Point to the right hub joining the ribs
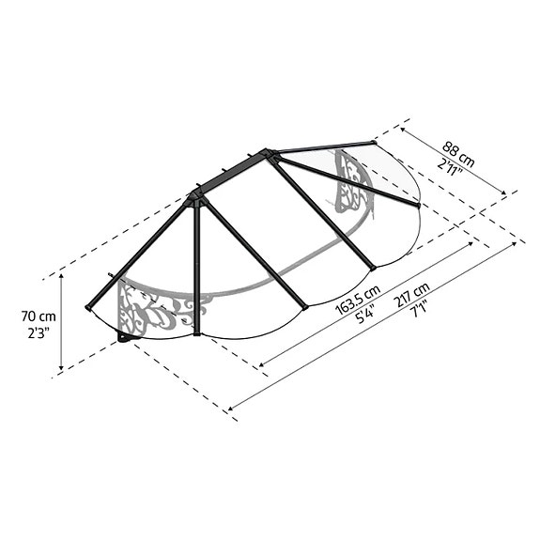[270, 153]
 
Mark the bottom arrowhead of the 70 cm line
[62, 369]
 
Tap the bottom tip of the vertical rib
[197, 332]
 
